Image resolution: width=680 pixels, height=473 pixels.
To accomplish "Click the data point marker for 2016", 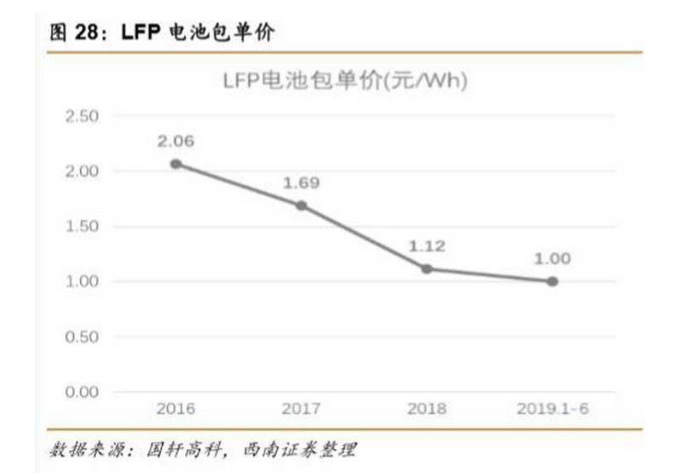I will coord(175,164).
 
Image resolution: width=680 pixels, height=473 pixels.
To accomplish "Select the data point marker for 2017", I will coord(301,206).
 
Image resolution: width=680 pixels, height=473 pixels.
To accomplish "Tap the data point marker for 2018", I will coord(427,268).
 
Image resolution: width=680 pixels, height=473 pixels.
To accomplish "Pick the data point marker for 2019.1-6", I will coord(552,281).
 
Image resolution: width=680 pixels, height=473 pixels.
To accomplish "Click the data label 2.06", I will coord(175,141).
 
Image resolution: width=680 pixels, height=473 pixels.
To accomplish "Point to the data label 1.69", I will coord(301,183).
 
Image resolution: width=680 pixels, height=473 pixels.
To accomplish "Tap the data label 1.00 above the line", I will coord(552,258).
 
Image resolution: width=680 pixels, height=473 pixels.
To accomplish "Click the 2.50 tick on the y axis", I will coord(82,116).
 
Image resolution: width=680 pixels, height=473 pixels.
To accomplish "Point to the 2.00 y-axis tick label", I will coord(82,172).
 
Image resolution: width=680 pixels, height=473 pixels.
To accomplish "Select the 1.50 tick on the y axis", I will coord(82,227).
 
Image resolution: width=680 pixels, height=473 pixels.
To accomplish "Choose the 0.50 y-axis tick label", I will coord(82,337).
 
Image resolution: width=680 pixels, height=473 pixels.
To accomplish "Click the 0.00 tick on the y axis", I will coord(82,392).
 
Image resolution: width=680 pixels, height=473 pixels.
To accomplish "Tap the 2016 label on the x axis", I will coord(175,409).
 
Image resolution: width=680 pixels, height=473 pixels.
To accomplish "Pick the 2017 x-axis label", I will coord(301,409).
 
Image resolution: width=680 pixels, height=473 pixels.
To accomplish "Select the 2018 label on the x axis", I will coord(427,409).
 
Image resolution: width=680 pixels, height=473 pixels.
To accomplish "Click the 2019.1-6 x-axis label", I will coord(552,409).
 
